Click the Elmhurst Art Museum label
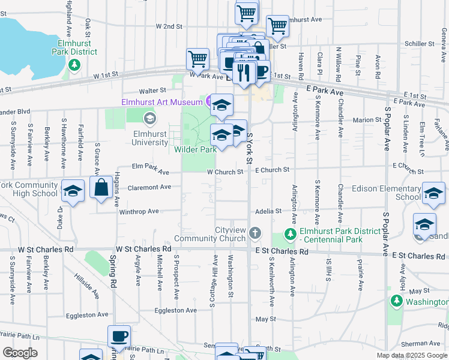(161, 102)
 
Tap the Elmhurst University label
(150, 138)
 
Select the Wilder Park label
(195, 150)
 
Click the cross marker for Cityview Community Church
(255, 233)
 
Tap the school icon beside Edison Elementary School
(433, 192)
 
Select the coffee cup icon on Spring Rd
(118, 336)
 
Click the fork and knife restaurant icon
(243, 72)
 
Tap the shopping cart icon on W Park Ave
(197, 59)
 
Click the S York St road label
(250, 148)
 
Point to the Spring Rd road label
(112, 266)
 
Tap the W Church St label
(224, 172)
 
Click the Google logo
(20, 353)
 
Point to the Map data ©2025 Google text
(411, 355)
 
